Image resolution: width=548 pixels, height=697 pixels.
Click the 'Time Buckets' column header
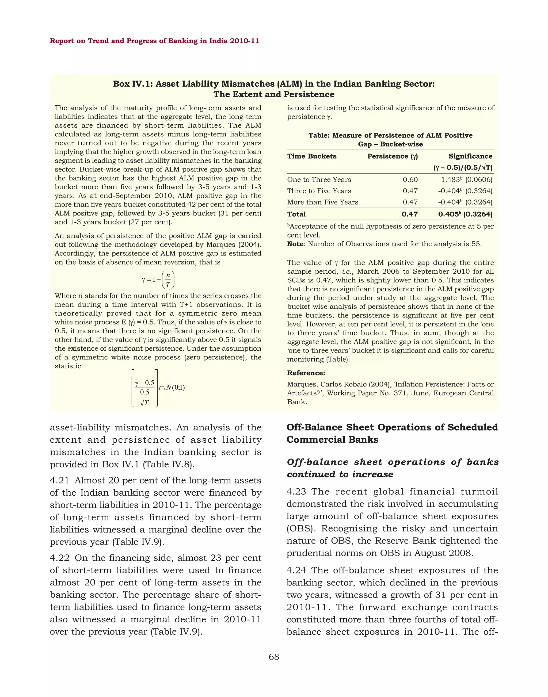(311, 156)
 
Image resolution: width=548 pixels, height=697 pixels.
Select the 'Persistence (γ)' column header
(392, 156)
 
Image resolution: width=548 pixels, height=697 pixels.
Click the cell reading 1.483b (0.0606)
(466, 180)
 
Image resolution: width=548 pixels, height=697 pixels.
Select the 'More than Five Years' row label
(322, 202)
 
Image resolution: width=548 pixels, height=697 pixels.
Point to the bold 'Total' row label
(296, 214)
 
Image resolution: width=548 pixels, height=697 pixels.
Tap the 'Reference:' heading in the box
(306, 373)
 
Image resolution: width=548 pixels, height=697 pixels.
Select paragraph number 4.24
(296, 570)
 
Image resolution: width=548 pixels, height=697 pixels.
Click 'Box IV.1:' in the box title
(133, 84)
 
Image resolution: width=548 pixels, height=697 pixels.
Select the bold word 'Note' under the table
(295, 244)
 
